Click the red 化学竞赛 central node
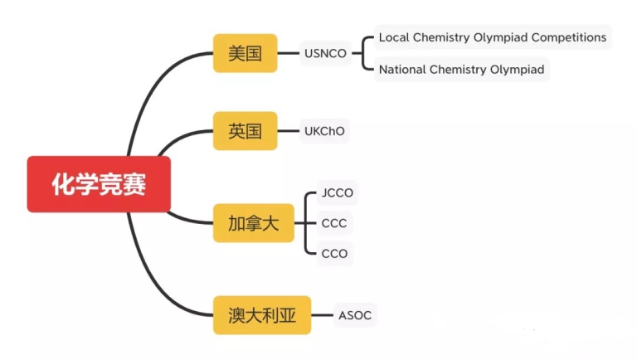[x=99, y=184]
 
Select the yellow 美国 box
[x=245, y=54]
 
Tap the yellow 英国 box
[x=245, y=131]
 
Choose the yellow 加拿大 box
[x=253, y=222]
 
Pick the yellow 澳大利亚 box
[x=261, y=315]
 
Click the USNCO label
[x=326, y=54]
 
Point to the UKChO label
[x=324, y=131]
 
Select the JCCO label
[x=337, y=193]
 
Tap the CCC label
[x=334, y=223]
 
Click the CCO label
[x=334, y=253]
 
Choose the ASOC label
[x=355, y=315]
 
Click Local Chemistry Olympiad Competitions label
[x=492, y=37]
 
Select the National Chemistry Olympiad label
[x=461, y=70]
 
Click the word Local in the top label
[x=394, y=37]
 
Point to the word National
[x=402, y=70]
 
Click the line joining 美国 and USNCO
[x=288, y=54]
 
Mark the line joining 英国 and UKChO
[x=288, y=131]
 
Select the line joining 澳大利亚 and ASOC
[x=322, y=315]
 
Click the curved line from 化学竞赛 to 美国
[x=149, y=87]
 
